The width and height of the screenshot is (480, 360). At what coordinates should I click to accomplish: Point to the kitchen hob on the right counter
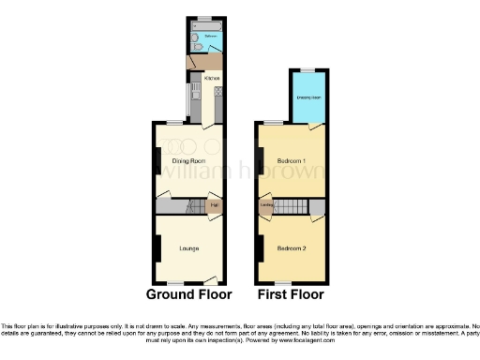click(x=217, y=92)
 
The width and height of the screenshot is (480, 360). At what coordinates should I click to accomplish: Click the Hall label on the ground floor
click(x=214, y=206)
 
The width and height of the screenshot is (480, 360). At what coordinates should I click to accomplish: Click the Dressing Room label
click(x=308, y=97)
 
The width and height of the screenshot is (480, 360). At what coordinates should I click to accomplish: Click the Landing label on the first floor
click(x=267, y=206)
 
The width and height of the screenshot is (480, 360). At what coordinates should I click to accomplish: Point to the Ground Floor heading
click(x=188, y=294)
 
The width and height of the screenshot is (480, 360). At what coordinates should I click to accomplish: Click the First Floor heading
click(x=292, y=294)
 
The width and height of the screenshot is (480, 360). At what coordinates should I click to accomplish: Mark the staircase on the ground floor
click(x=189, y=206)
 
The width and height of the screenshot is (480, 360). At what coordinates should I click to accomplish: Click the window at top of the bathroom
click(x=204, y=17)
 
